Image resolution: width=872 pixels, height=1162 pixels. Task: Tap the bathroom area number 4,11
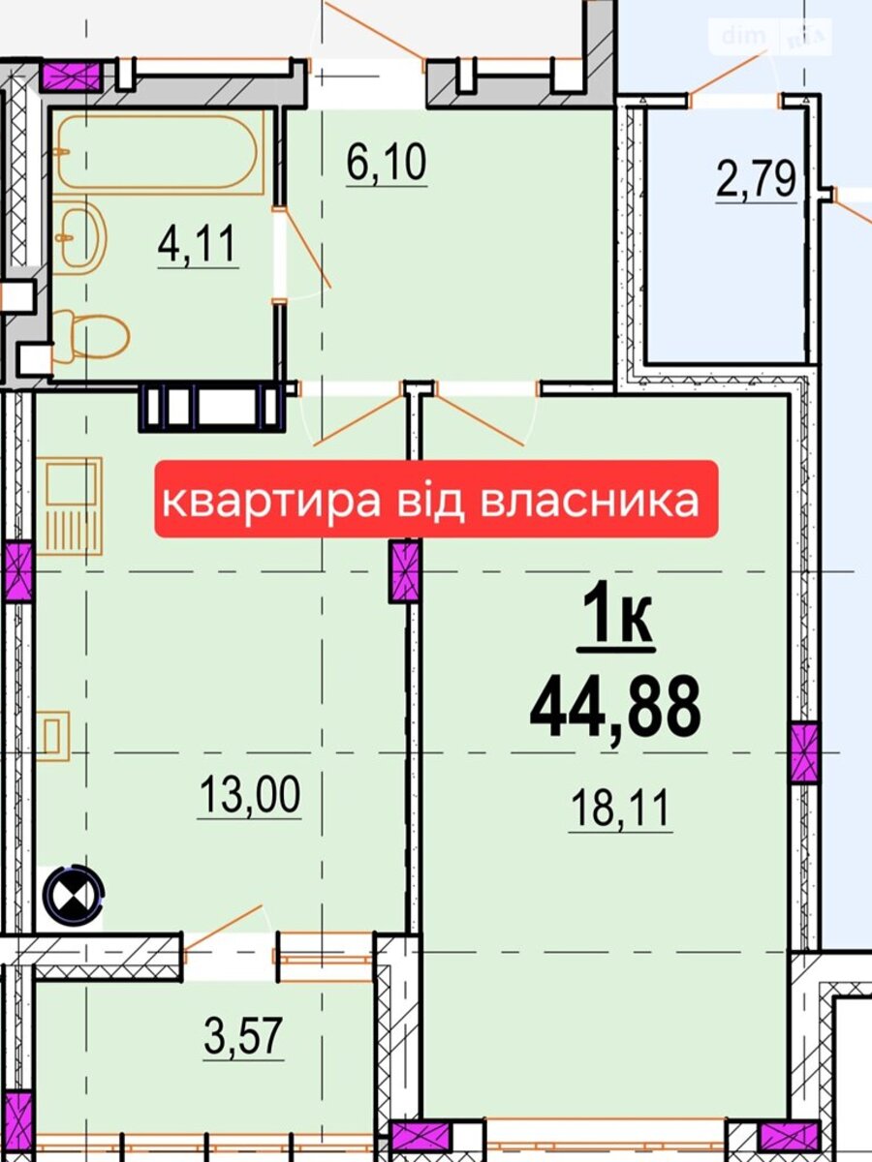point(197,244)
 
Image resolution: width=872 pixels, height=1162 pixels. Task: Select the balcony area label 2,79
point(756,179)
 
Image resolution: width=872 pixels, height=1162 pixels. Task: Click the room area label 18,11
point(620,808)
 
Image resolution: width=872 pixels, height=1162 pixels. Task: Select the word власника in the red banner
point(590,501)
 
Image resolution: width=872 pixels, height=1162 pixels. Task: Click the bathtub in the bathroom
point(158,151)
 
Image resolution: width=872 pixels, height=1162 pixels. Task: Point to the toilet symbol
point(90,335)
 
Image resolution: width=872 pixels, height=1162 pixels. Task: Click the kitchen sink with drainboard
point(74,505)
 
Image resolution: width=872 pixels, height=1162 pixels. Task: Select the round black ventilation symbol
point(74,894)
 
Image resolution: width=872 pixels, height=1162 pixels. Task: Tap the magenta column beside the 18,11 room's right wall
point(804,752)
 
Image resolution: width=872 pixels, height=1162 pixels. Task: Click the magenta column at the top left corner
point(71,76)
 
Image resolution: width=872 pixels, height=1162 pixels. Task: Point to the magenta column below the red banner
point(404,571)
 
